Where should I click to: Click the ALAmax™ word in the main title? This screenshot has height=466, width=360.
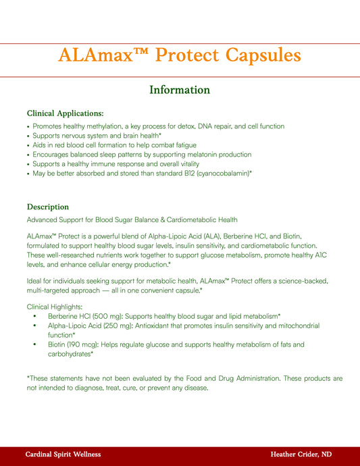[99, 55]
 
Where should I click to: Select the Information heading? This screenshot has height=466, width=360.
[180, 90]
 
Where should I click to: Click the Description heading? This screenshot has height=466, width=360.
[47, 206]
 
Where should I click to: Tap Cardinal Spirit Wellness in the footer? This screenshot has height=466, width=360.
[63, 455]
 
